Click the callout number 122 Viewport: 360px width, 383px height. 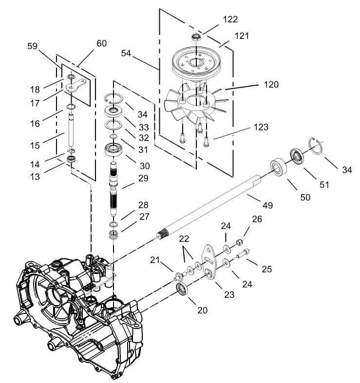(x=230, y=19)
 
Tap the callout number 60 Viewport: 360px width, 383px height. (x=101, y=43)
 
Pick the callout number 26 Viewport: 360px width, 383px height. (x=257, y=219)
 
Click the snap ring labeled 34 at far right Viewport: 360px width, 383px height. (x=317, y=146)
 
